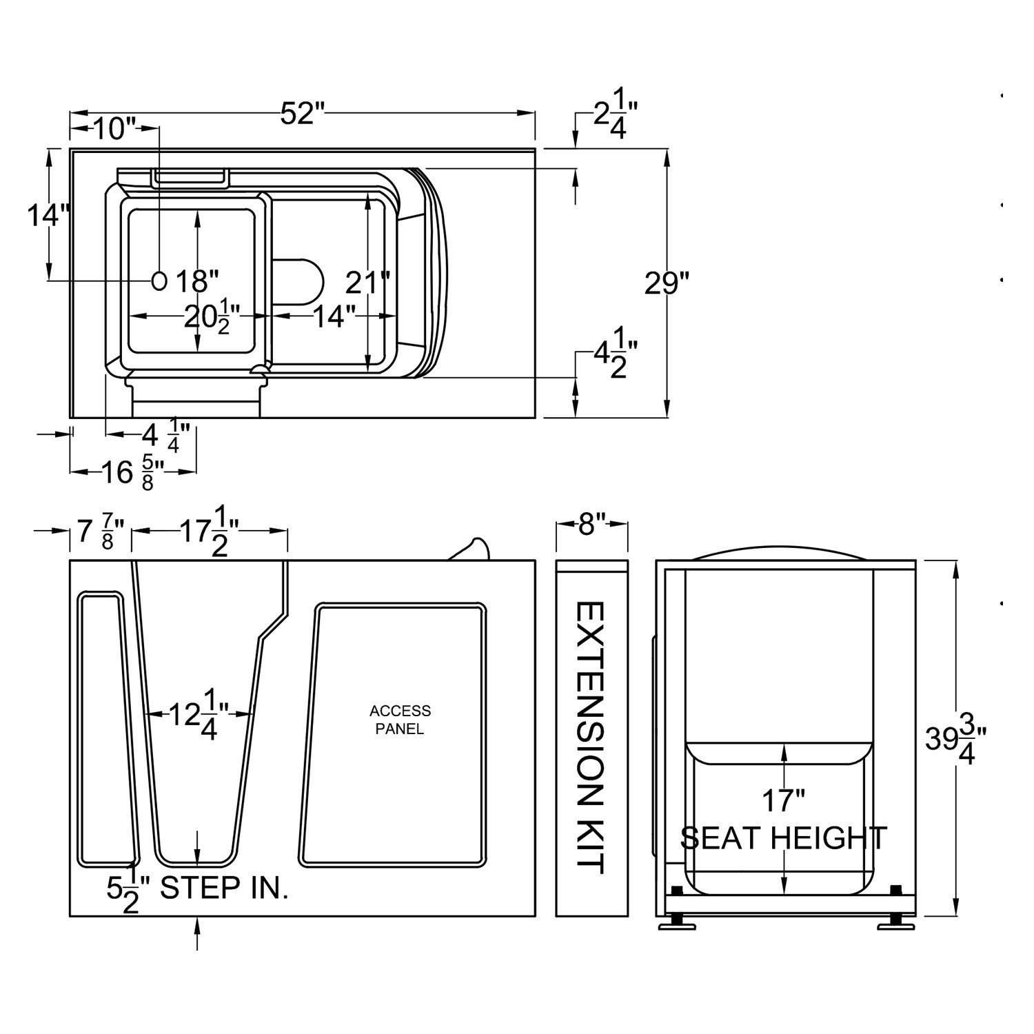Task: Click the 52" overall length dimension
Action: [302, 114]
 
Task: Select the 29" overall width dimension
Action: [666, 283]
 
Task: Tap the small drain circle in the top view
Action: [159, 280]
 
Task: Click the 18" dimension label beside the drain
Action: [196, 281]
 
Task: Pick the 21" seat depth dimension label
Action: [367, 283]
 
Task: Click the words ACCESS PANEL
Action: [400, 719]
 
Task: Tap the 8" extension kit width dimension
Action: [591, 525]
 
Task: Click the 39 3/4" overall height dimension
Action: [955, 739]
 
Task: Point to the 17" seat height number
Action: [783, 801]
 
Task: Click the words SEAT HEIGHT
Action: [783, 838]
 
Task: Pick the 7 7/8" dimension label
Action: [100, 532]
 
